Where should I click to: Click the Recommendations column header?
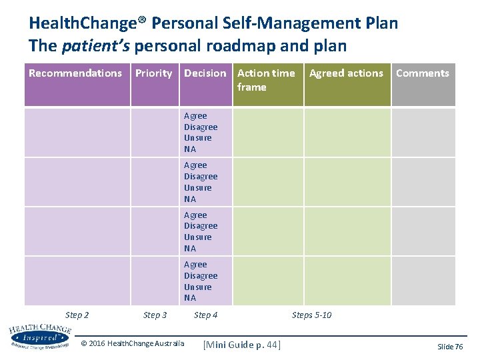[x=75, y=73]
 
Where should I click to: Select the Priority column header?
[x=153, y=73]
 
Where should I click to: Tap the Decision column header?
[x=205, y=73]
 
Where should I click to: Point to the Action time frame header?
[x=266, y=80]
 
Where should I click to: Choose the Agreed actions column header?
[x=346, y=73]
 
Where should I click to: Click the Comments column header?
[x=423, y=73]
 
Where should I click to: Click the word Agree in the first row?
[x=195, y=116]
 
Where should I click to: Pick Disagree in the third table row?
[x=201, y=226]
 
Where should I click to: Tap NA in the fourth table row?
[x=190, y=298]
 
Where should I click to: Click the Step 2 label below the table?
[x=77, y=315]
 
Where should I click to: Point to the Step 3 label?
[x=155, y=315]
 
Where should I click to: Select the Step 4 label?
[x=205, y=315]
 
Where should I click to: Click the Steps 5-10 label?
[x=311, y=315]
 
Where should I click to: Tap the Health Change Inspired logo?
[x=39, y=337]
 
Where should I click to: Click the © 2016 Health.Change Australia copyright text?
[x=132, y=343]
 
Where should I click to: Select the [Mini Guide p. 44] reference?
[x=242, y=344]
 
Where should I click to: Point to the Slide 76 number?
[x=449, y=347]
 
